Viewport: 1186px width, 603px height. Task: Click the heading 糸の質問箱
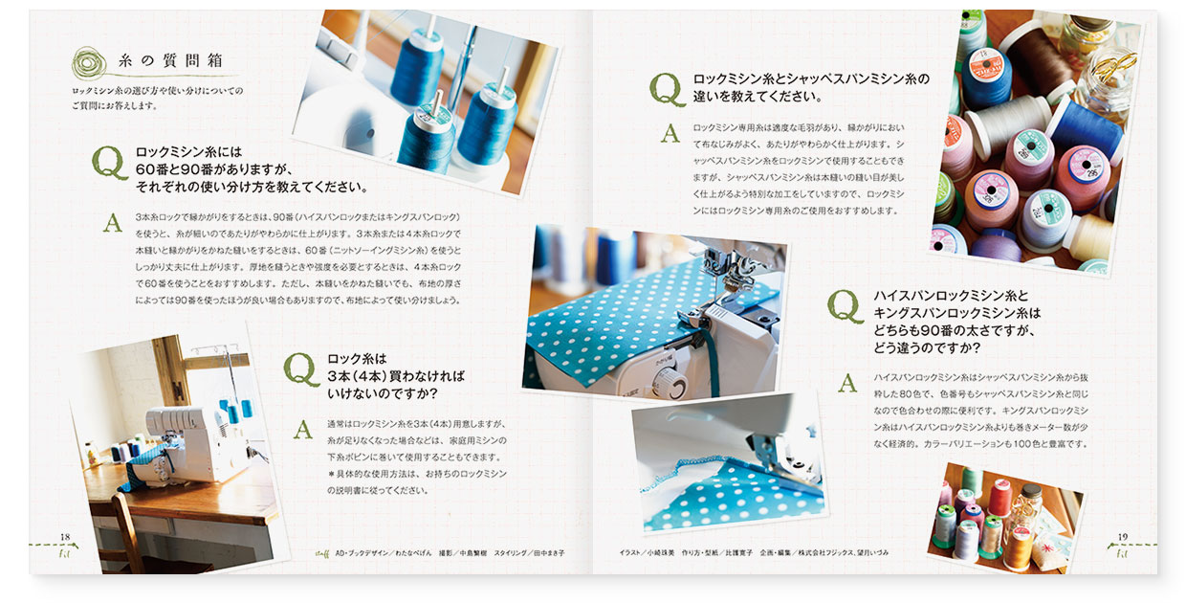(170, 60)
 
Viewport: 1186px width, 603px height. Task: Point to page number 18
(65, 536)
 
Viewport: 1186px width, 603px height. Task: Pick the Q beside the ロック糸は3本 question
(301, 369)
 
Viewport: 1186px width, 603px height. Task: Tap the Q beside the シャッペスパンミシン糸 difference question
(668, 88)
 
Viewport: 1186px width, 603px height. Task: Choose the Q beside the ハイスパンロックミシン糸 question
(846, 305)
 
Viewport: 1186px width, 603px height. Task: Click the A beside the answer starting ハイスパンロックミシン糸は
(846, 384)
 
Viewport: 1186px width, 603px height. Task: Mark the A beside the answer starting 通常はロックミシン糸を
(302, 429)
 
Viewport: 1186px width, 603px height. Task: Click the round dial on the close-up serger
(676, 385)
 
